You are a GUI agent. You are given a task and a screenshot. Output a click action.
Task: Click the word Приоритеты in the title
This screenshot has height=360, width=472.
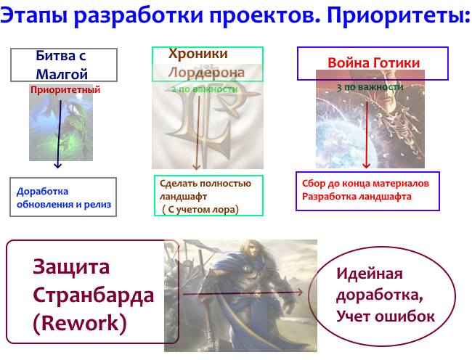point(398,16)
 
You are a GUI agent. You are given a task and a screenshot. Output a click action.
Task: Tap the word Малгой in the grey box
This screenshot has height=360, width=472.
point(62,74)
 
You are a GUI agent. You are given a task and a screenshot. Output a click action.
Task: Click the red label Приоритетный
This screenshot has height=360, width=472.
point(65,89)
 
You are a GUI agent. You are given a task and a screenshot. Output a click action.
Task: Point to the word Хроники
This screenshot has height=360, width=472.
point(198,54)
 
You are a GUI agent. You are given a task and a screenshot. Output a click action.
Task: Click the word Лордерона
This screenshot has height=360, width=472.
point(206,73)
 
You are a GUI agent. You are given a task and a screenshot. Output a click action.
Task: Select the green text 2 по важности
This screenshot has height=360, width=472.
point(205,89)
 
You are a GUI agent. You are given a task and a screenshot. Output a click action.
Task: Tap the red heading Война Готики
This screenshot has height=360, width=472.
point(373,63)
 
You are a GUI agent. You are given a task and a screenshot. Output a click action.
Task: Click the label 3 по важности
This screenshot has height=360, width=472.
point(370,87)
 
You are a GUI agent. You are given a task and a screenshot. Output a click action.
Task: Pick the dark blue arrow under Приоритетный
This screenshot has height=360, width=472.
point(59,134)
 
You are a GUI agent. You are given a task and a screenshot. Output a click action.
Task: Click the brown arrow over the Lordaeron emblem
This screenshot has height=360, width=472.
point(198,133)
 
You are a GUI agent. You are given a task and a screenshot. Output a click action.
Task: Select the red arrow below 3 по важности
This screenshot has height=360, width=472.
point(367,135)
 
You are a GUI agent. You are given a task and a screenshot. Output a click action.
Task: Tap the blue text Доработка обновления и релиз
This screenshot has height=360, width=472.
point(64,197)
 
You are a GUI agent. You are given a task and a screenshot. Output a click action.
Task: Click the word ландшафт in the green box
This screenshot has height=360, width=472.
point(183,197)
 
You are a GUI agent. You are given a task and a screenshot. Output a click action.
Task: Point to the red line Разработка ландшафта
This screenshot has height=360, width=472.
point(357,197)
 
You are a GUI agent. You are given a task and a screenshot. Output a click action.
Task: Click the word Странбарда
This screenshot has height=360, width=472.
point(94,295)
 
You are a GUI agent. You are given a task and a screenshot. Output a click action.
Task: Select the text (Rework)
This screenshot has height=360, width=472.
point(80,323)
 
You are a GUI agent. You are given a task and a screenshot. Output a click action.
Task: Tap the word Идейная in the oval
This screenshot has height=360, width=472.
point(370,274)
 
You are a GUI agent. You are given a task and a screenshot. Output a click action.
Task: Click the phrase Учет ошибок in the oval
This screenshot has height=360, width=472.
point(386,316)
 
